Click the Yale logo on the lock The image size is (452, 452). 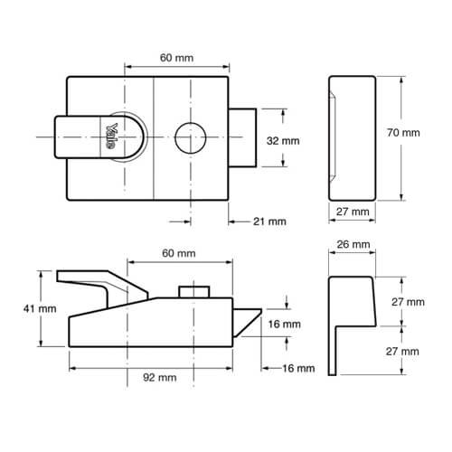tap(116, 136)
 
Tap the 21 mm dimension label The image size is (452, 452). tap(269, 220)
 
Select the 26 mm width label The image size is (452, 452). tap(353, 244)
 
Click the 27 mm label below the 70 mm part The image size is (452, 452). tap(353, 212)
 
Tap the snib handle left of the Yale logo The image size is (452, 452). tap(74, 137)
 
